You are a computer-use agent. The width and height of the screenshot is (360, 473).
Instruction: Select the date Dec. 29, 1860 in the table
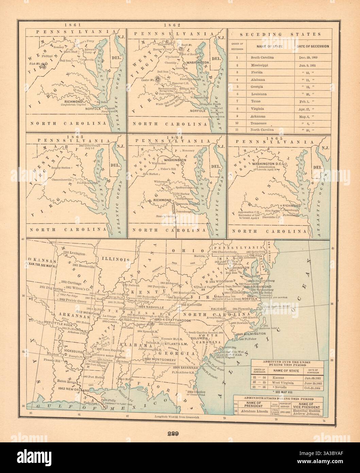[312, 58]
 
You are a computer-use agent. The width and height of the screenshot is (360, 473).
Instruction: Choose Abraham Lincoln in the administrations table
[255, 411]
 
